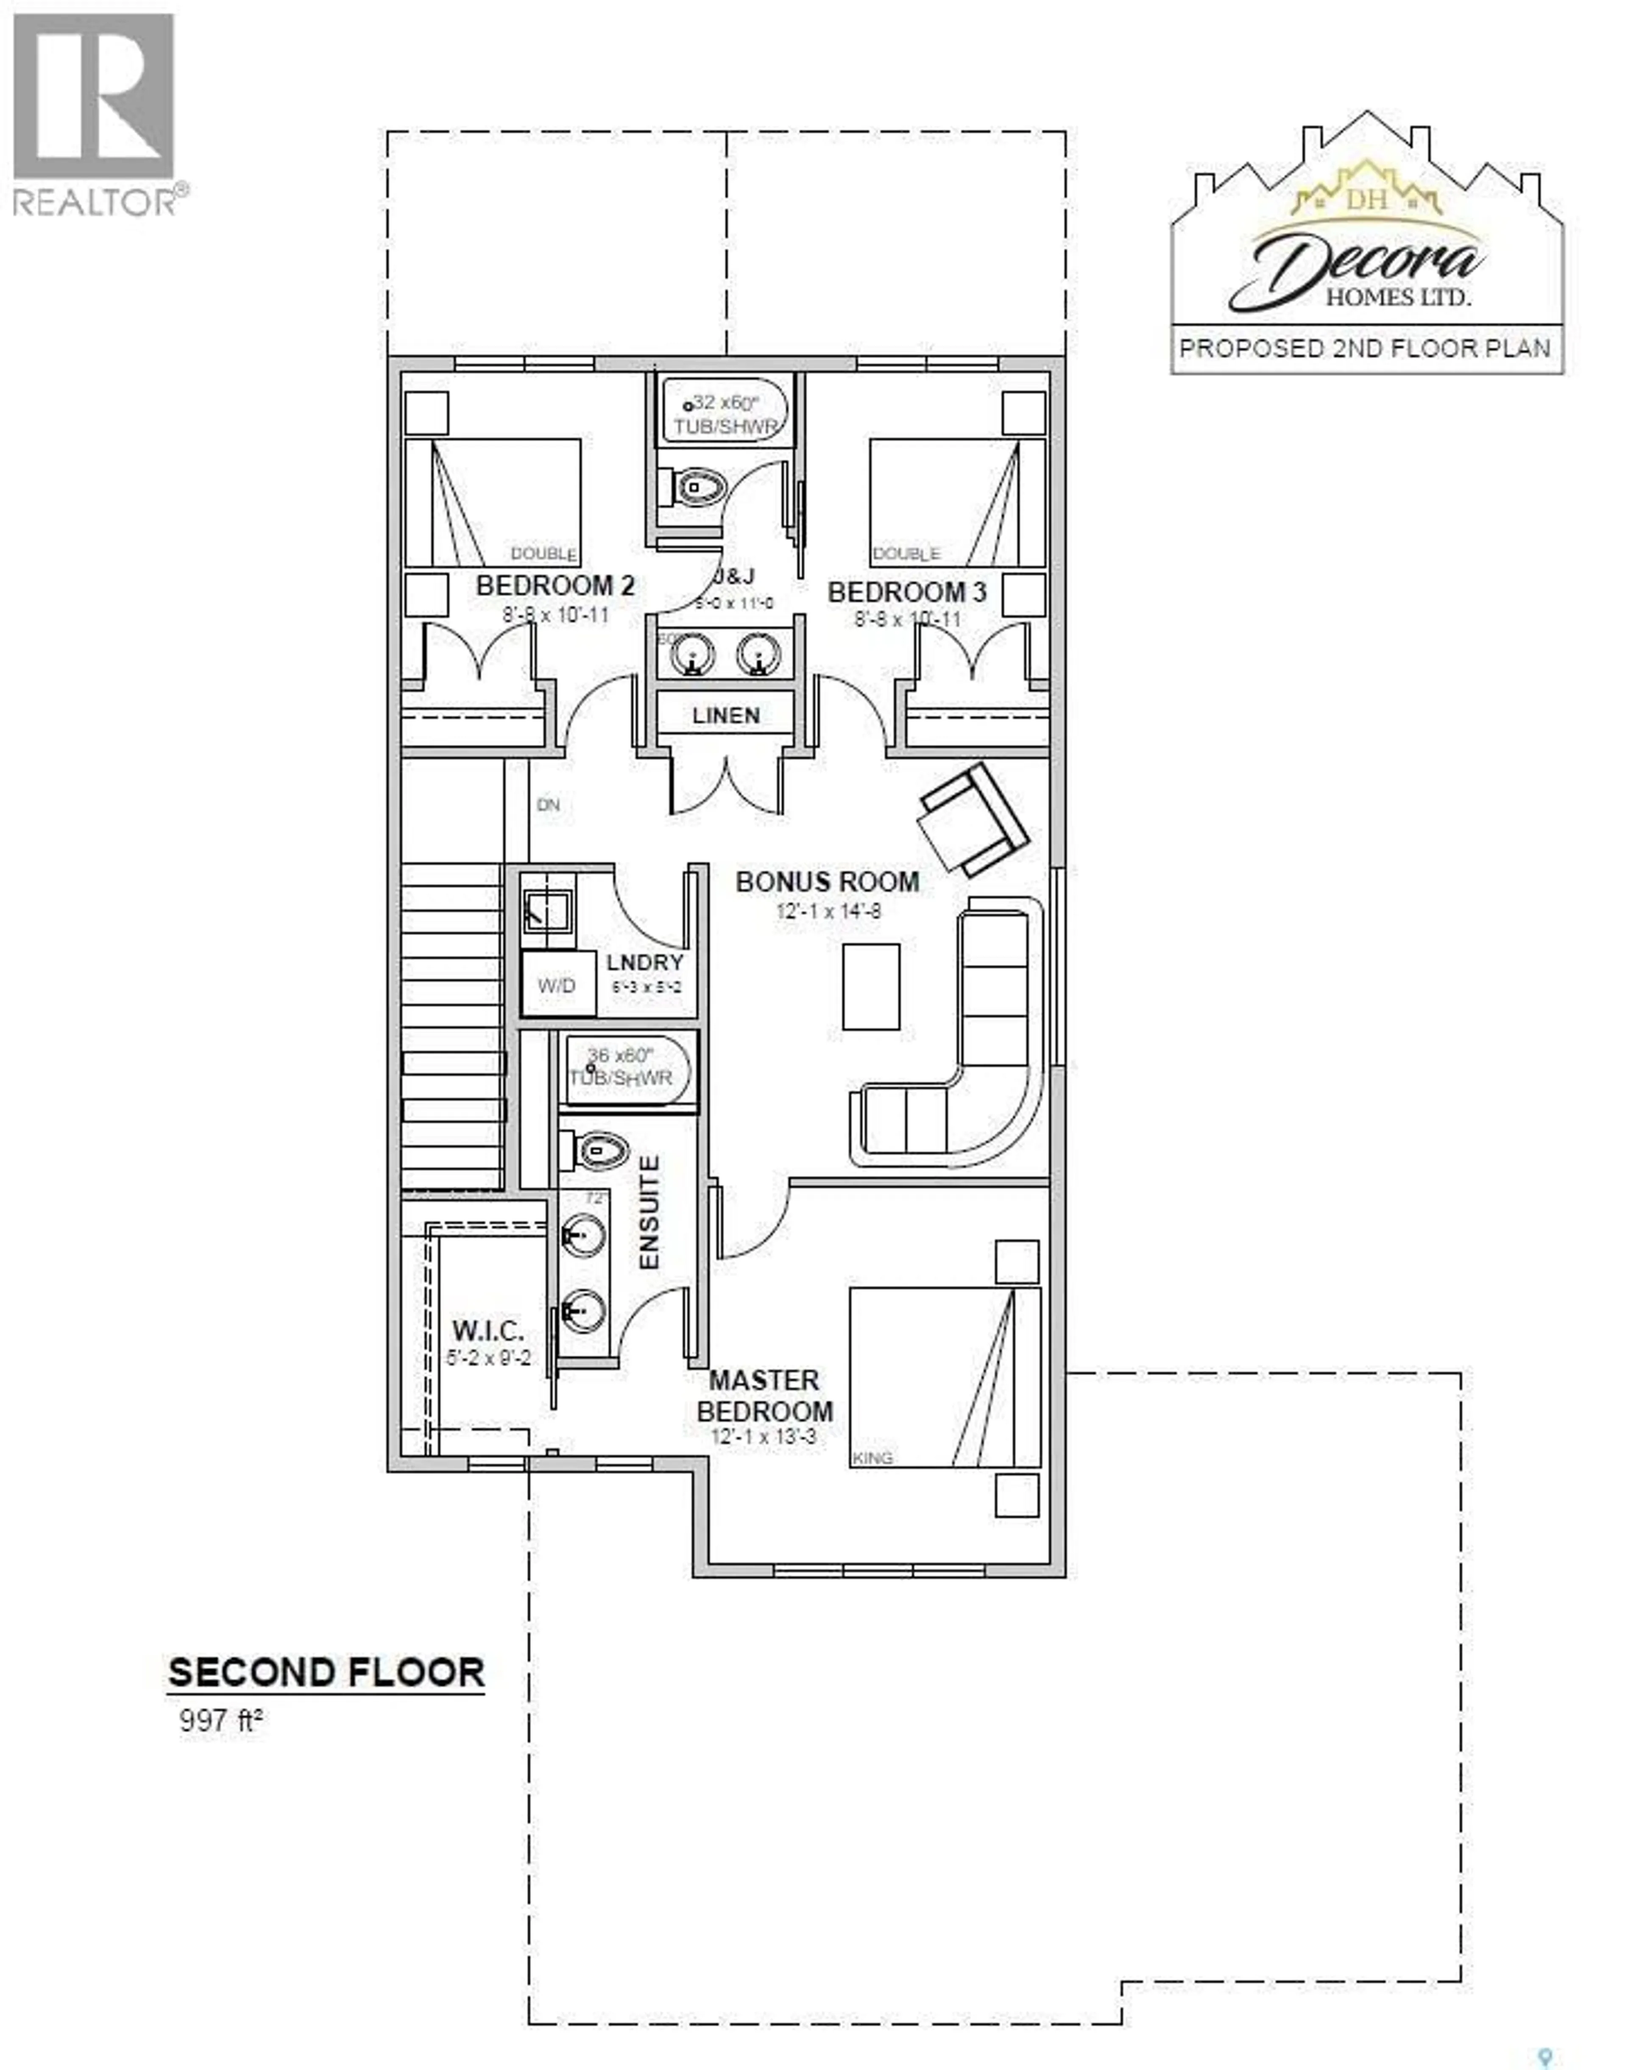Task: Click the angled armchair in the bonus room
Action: click(x=972, y=819)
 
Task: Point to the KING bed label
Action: click(x=873, y=1458)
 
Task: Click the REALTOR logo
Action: click(x=95, y=114)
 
